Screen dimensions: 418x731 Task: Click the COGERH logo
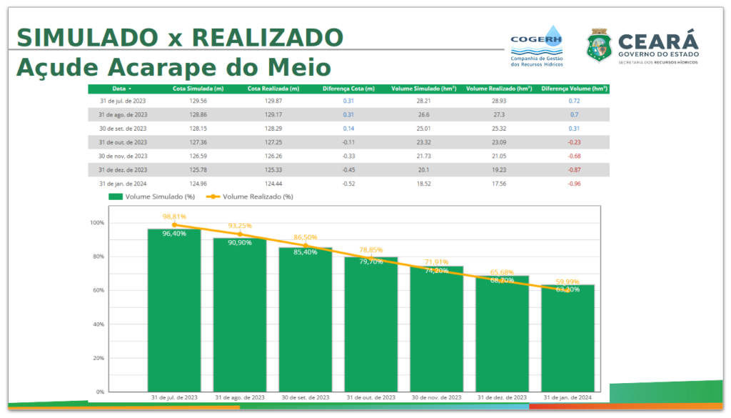point(537,48)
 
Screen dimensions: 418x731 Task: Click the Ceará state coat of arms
point(598,47)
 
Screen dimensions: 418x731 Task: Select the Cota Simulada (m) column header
point(198,89)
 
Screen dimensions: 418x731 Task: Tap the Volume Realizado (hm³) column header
point(499,89)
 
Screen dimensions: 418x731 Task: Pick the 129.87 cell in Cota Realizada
point(273,101)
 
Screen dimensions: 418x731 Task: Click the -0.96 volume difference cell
point(574,183)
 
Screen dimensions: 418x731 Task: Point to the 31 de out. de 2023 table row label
point(123,142)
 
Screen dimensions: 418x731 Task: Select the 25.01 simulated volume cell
point(424,129)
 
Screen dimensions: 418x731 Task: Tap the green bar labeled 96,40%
point(174,314)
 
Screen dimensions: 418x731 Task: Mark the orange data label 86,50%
point(306,237)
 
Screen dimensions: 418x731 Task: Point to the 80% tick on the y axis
point(97,257)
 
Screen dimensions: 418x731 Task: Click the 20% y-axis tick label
point(97,359)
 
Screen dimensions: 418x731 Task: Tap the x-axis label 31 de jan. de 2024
point(568,397)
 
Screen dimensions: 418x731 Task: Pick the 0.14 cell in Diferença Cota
point(348,129)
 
